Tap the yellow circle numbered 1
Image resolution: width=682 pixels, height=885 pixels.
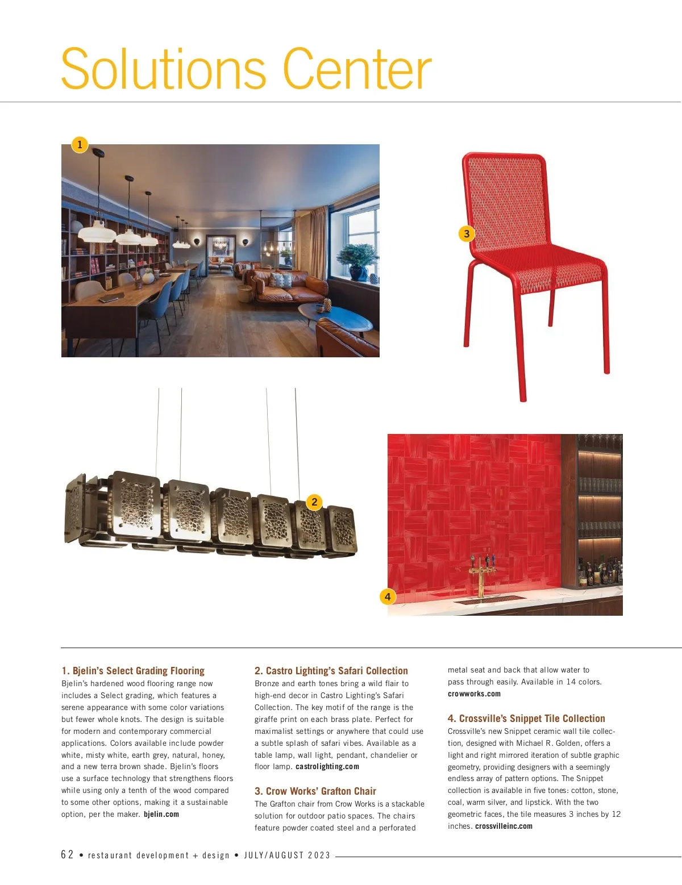coord(80,144)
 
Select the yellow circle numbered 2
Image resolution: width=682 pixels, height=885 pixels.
coord(314,502)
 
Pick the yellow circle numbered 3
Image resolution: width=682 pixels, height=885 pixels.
coord(467,233)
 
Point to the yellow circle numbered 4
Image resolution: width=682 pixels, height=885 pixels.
coord(388,596)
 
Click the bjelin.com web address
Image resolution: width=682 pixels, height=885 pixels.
coord(161,815)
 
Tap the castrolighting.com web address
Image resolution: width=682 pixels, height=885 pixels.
coord(327,767)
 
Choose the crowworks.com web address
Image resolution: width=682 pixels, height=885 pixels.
coord(474,694)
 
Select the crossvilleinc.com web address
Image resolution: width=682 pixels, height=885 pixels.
coord(504,826)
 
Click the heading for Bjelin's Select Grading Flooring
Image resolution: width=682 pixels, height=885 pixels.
coord(133,671)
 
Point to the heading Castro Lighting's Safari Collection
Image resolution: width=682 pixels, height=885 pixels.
coord(331,671)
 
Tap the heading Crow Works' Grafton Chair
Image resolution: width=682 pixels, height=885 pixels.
coord(315,791)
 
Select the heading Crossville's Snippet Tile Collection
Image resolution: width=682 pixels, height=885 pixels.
coord(526,719)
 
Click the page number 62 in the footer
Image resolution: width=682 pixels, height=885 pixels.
coord(67,855)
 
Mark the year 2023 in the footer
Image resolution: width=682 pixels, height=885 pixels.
coord(319,855)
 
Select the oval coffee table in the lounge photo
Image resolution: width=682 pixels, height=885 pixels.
coord(335,316)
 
